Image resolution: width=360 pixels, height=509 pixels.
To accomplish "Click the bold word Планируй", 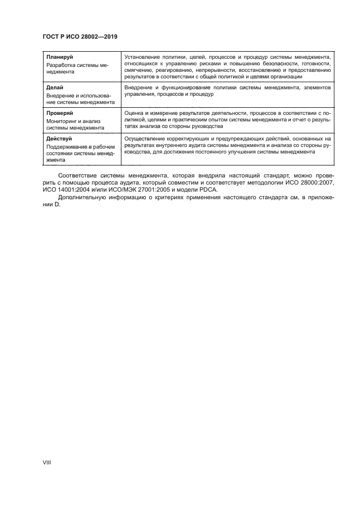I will click(x=60, y=57).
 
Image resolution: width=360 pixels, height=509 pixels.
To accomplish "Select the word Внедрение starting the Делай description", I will click(x=138, y=87).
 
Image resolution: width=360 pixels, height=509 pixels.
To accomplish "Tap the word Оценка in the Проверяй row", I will click(x=135, y=113).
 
